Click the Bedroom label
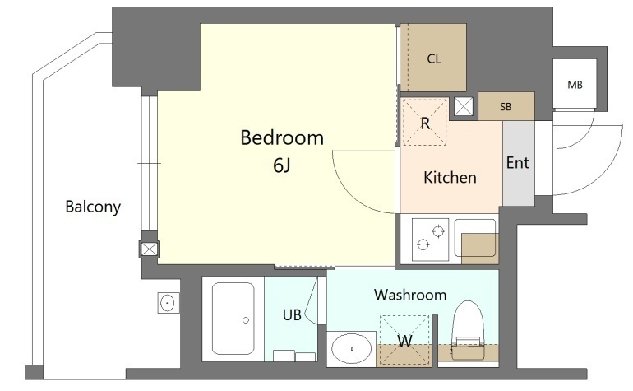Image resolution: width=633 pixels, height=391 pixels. [x=282, y=138]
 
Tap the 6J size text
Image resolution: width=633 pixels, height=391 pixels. [x=282, y=165]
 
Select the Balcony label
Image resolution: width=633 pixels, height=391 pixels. [x=93, y=207]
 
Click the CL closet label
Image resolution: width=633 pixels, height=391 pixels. [x=434, y=59]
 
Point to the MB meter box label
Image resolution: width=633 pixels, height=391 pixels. [x=575, y=85]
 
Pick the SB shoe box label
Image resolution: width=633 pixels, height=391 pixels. [x=506, y=107]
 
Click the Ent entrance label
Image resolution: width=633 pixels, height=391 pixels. [x=518, y=162]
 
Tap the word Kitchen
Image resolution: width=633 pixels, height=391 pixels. [x=450, y=178]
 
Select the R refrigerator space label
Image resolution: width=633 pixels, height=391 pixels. [x=425, y=123]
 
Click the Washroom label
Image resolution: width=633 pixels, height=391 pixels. [x=410, y=295]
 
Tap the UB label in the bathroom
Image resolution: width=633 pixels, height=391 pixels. [x=292, y=314]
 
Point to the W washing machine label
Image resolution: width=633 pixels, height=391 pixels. [x=404, y=341]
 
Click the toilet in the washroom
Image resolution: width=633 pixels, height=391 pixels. [x=468, y=330]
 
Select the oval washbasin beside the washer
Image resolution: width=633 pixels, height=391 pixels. [x=352, y=348]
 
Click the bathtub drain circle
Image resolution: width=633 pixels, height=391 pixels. [x=246, y=320]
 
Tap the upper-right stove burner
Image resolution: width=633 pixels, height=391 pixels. [x=438, y=231]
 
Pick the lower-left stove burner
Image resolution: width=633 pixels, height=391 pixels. [x=423, y=244]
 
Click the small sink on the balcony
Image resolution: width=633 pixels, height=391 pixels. [x=168, y=302]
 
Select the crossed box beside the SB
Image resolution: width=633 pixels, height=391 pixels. [x=464, y=107]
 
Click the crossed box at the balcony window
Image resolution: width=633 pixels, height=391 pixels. [x=150, y=249]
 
